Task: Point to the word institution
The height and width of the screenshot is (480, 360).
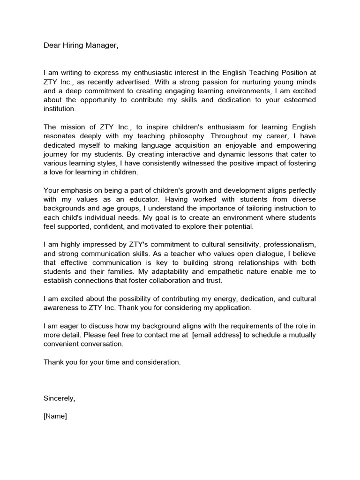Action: [x=59, y=109]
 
